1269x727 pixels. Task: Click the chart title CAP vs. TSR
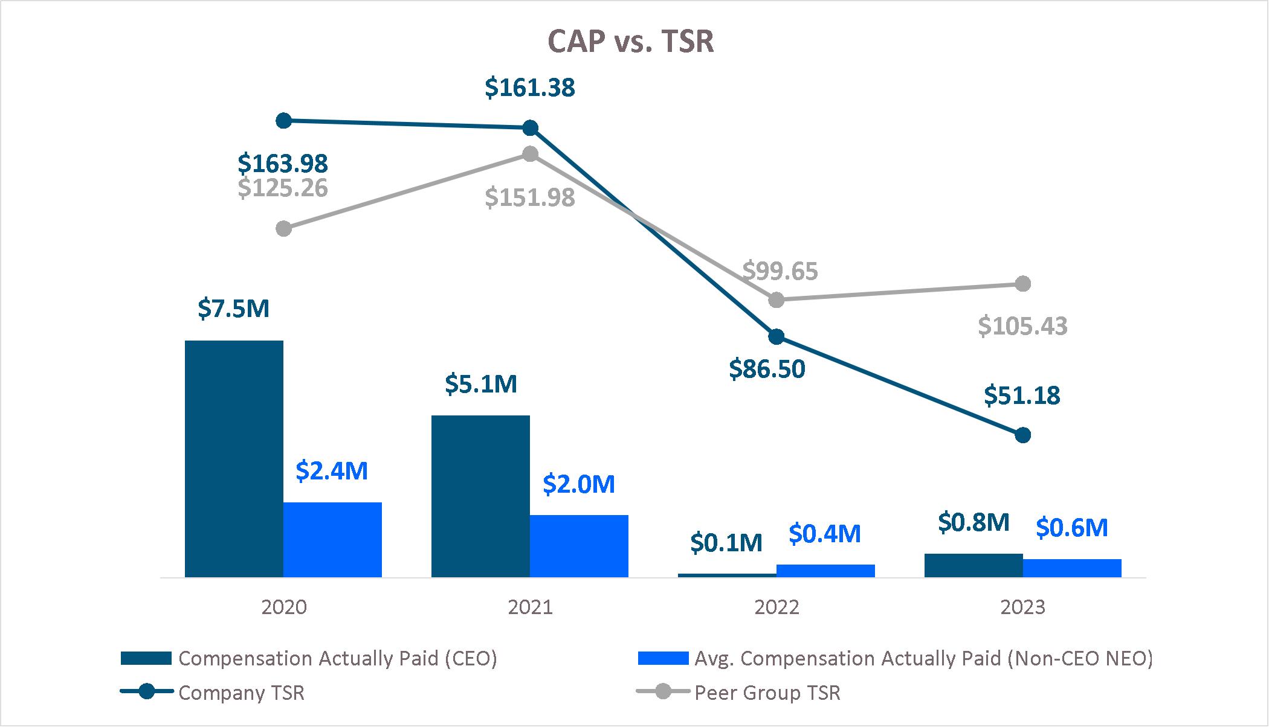pyautogui.click(x=630, y=42)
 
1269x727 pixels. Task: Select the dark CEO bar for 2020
pyautogui.click(x=234, y=459)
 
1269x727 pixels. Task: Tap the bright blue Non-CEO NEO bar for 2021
pyautogui.click(x=579, y=546)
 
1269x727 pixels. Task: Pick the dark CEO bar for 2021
pyautogui.click(x=480, y=496)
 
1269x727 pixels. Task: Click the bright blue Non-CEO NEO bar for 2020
pyautogui.click(x=332, y=539)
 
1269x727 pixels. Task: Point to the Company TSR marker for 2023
pyautogui.click(x=1022, y=435)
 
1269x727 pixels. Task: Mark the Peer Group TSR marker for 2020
pyautogui.click(x=283, y=229)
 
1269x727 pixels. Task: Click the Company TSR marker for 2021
pyautogui.click(x=530, y=128)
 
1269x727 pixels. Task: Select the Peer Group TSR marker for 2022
pyautogui.click(x=777, y=299)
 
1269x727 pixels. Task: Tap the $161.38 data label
pyautogui.click(x=530, y=88)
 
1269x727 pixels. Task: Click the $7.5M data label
pyautogui.click(x=233, y=309)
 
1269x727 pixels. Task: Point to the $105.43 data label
pyautogui.click(x=1022, y=327)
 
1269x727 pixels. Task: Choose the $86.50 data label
pyautogui.click(x=767, y=369)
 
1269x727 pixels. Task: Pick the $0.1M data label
pyautogui.click(x=726, y=543)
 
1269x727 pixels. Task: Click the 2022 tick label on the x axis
pyautogui.click(x=777, y=607)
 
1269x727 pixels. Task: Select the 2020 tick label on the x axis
pyautogui.click(x=283, y=607)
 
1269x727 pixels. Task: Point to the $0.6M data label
pyautogui.click(x=1071, y=528)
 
